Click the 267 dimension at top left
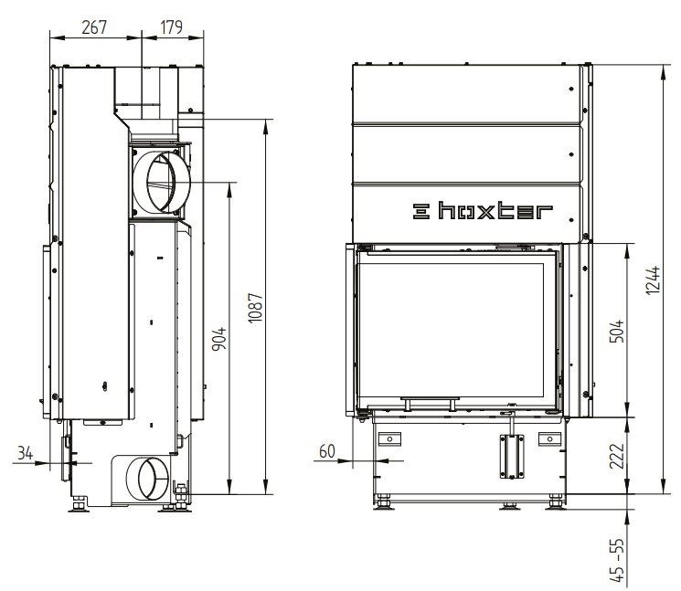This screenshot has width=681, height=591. click(x=94, y=26)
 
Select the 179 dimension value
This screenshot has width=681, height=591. click(x=171, y=26)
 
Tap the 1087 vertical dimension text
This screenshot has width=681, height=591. click(x=255, y=308)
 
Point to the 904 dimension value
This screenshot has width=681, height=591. click(x=218, y=339)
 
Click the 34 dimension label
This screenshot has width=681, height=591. click(x=26, y=453)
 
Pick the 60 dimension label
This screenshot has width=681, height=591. click(x=327, y=451)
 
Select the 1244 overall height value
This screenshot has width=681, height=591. click(x=653, y=280)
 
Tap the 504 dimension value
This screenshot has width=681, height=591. click(x=616, y=331)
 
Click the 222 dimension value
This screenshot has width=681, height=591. click(x=616, y=456)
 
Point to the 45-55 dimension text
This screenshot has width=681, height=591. click(x=616, y=560)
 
